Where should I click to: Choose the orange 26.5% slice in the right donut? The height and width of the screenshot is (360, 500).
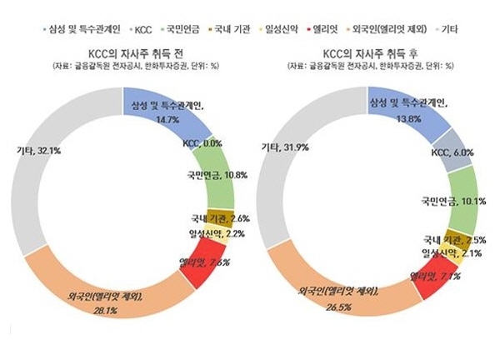[342, 296]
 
